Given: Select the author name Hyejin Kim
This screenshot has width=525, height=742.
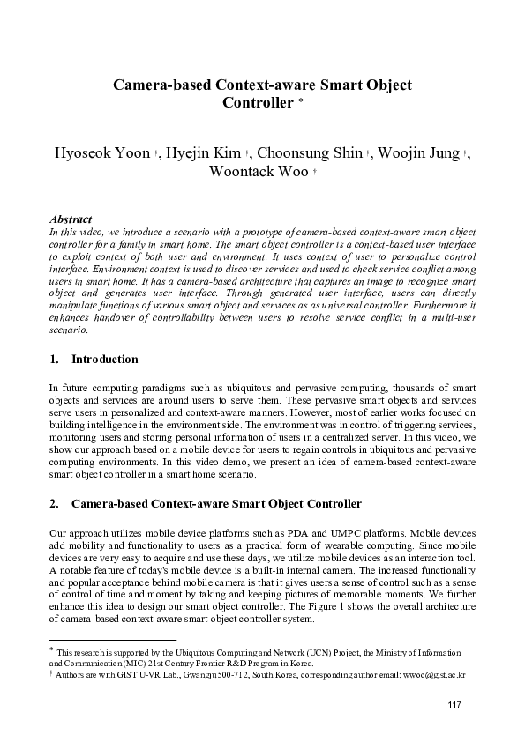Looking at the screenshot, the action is pyautogui.click(x=205, y=153).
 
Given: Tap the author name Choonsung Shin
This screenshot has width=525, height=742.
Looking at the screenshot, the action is pyautogui.click(x=313, y=153).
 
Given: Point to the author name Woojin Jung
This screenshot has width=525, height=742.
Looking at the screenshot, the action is pyautogui.click(x=419, y=153).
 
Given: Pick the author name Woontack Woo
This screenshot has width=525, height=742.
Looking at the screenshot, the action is pyautogui.click(x=258, y=172).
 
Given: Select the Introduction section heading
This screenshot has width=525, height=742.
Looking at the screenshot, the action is pyautogui.click(x=104, y=360).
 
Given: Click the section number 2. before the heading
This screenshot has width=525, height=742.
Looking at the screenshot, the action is pyautogui.click(x=54, y=504).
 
